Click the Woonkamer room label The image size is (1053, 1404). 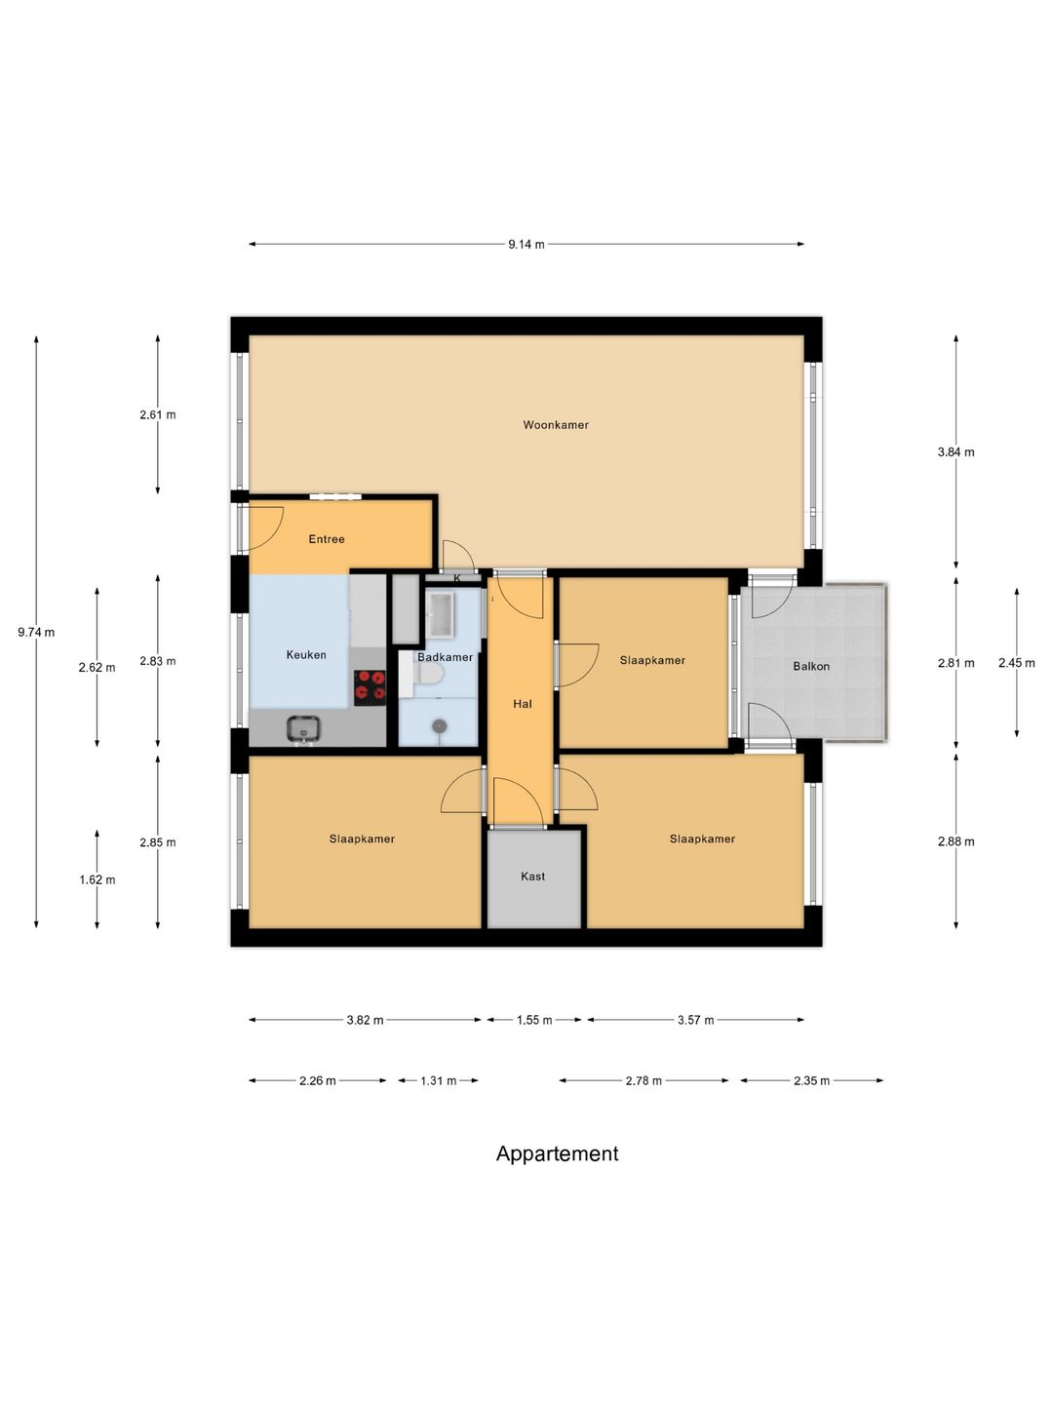556,425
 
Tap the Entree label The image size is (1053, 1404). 327,539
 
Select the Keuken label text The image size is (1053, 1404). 306,655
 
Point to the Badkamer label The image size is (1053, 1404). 445,657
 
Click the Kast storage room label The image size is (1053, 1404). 532,877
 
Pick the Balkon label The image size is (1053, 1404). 811,667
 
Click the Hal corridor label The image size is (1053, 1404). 523,704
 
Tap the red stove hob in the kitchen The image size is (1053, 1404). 370,687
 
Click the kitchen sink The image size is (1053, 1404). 303,728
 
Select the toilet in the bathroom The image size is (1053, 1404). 428,674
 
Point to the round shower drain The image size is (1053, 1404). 439,726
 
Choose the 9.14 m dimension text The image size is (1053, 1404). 526,245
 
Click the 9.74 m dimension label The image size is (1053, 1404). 36,633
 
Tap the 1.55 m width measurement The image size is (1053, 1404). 534,1020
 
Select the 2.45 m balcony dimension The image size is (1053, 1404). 1017,663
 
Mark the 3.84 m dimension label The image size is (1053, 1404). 955,452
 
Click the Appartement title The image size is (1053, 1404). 557,1153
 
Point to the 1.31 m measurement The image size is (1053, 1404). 438,1081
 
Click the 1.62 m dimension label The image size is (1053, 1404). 97,880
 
